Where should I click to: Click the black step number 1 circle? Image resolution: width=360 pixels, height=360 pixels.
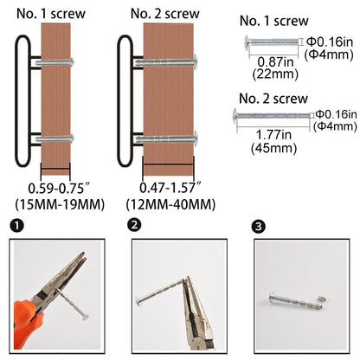click(x=16, y=225)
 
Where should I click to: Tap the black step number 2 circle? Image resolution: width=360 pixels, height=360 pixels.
click(x=134, y=225)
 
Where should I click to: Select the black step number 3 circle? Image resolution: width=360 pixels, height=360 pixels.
click(x=258, y=226)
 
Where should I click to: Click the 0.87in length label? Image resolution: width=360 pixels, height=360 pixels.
click(x=275, y=62)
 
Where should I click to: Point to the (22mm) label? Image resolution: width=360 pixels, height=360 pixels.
click(x=275, y=74)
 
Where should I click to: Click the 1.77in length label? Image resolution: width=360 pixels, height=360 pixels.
click(x=273, y=135)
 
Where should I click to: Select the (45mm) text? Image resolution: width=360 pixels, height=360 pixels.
click(x=273, y=148)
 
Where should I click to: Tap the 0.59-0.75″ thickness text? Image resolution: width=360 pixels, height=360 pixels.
click(x=60, y=189)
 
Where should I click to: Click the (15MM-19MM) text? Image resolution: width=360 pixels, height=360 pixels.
click(x=60, y=204)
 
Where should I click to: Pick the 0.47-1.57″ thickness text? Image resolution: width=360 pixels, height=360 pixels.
click(x=170, y=188)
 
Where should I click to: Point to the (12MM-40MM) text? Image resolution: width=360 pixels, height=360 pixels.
click(x=170, y=204)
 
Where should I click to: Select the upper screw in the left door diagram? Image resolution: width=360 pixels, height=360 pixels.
click(x=55, y=61)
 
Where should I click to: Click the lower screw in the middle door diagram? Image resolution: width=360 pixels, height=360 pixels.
click(x=167, y=139)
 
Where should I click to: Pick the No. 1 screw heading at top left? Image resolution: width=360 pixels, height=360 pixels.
click(x=51, y=14)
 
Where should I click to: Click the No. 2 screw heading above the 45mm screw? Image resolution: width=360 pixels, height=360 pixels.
click(x=273, y=99)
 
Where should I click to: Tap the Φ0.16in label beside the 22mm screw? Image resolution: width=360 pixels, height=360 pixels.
click(x=330, y=42)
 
